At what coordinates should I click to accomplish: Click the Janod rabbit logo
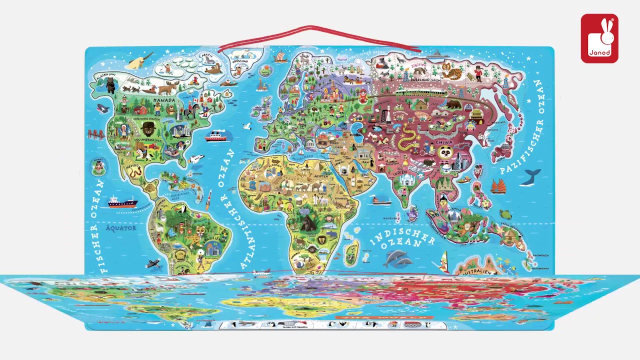point(599,38)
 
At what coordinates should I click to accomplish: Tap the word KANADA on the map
point(164,100)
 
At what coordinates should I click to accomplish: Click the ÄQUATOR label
point(121,228)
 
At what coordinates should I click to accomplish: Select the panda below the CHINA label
point(444,152)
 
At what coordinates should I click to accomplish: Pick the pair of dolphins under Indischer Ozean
point(398,258)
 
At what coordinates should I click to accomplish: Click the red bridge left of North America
point(95,134)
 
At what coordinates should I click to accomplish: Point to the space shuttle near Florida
point(195,159)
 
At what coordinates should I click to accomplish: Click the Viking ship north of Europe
point(281,57)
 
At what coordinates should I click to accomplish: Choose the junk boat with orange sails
point(498,186)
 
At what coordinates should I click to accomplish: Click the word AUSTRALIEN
point(476,271)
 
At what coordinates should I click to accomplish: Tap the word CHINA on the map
point(444,142)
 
